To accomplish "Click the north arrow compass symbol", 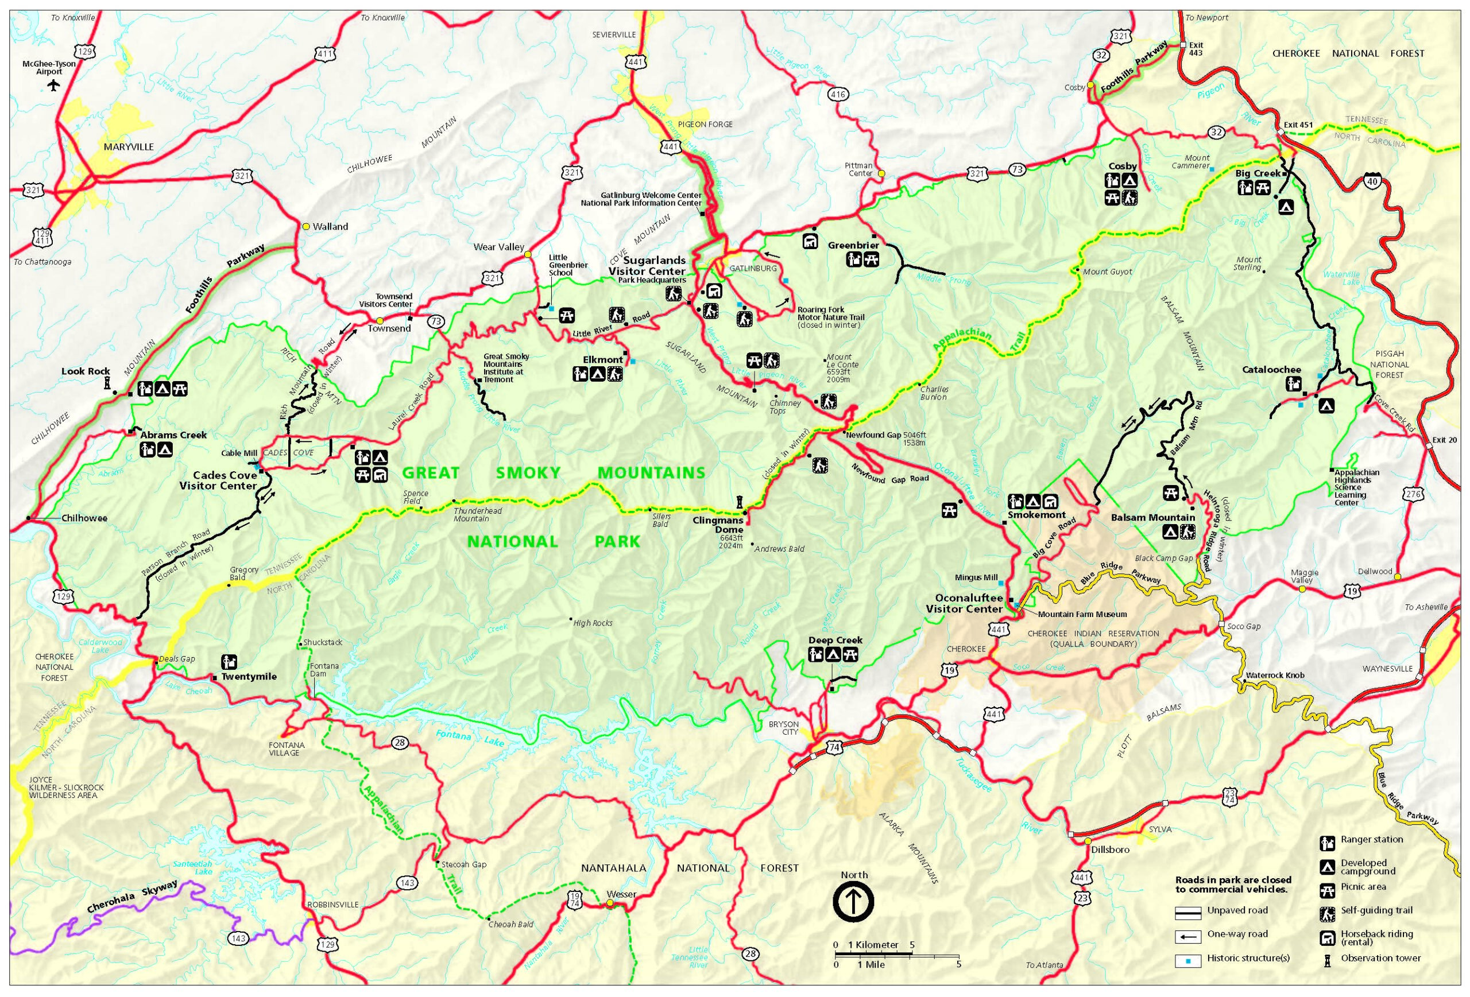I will tap(853, 902).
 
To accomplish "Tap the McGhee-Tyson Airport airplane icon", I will tap(53, 86).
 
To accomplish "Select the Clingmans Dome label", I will tap(718, 525).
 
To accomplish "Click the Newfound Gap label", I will tap(873, 435).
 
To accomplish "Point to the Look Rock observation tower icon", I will tap(107, 382).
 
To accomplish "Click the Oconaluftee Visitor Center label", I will tap(964, 603).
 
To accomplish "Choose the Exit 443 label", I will tap(1196, 49).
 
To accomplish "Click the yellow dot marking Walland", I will tap(306, 226).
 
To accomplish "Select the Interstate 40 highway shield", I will tap(1371, 181).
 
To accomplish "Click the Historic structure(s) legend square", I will tap(1187, 961).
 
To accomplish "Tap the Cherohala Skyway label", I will tap(132, 898).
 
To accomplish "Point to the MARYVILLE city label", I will tap(129, 147).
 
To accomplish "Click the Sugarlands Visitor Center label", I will tap(647, 266).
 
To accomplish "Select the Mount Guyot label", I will tap(1107, 272).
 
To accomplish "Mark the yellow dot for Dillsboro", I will tap(1088, 841).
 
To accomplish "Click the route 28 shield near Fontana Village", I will tap(399, 742).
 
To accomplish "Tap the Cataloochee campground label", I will tap(1271, 370).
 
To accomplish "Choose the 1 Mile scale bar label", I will tap(871, 964).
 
